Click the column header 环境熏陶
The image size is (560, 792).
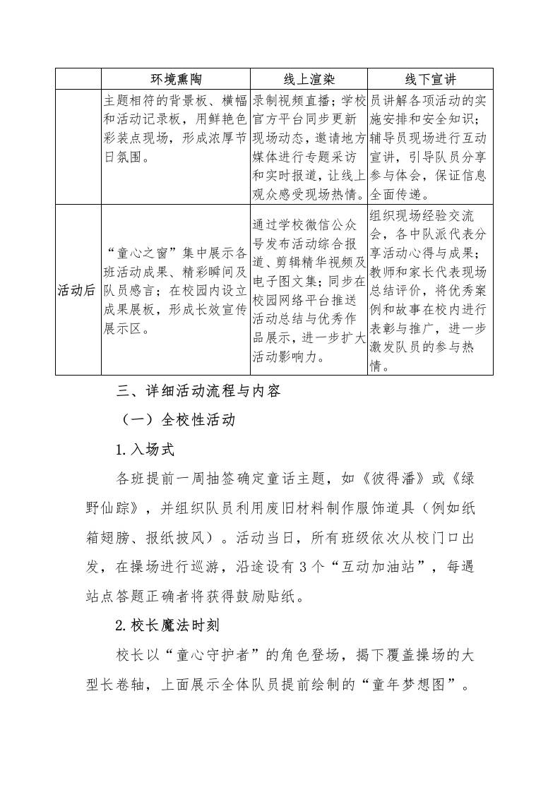(x=176, y=78)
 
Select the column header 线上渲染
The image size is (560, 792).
(x=309, y=78)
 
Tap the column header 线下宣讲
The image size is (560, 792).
(x=430, y=78)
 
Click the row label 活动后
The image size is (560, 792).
(x=78, y=290)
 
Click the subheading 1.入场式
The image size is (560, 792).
(x=145, y=449)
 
